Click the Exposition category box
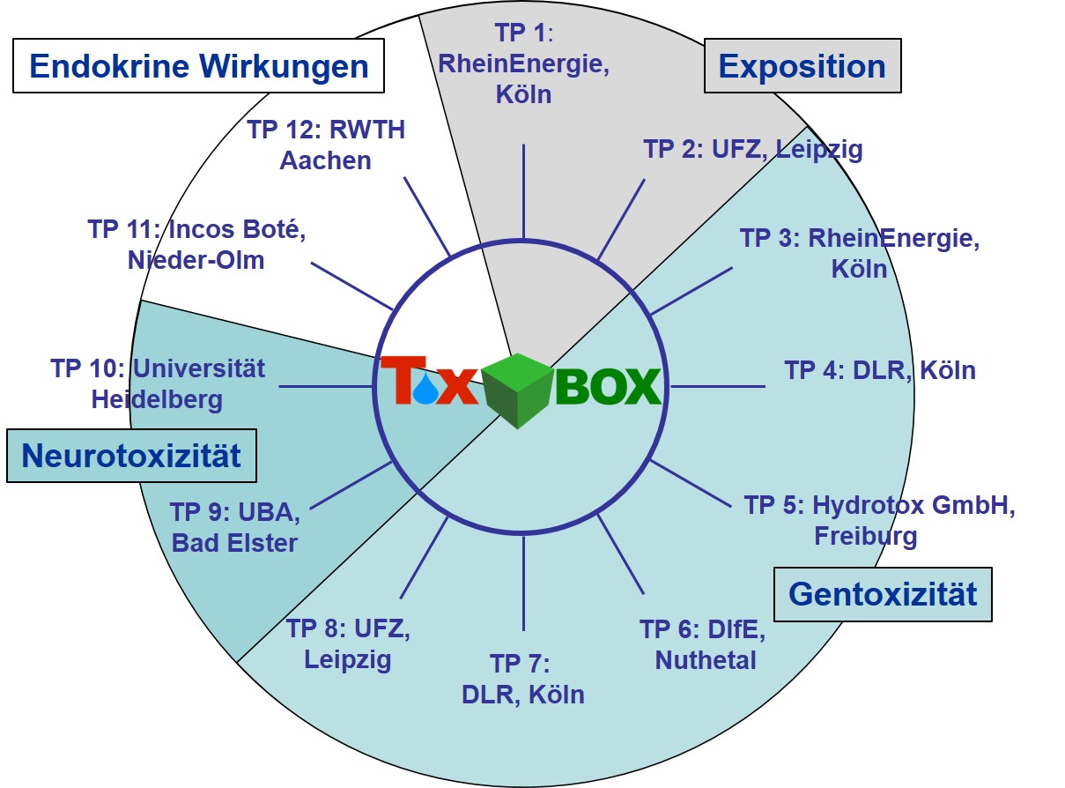(x=802, y=66)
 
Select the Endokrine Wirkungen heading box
(x=198, y=65)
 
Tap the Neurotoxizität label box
(x=131, y=456)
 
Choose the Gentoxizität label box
(x=883, y=593)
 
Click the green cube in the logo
(x=518, y=390)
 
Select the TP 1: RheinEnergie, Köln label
(x=524, y=64)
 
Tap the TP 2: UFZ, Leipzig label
(x=753, y=149)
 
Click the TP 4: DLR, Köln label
(x=880, y=369)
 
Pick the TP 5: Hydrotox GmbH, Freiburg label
(x=879, y=520)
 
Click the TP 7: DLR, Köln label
(x=523, y=679)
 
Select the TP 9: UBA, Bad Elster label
(x=235, y=526)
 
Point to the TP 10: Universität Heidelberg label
(x=158, y=383)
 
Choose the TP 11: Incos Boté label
(x=196, y=244)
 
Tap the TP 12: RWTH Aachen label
(x=325, y=145)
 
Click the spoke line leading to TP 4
(x=717, y=386)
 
